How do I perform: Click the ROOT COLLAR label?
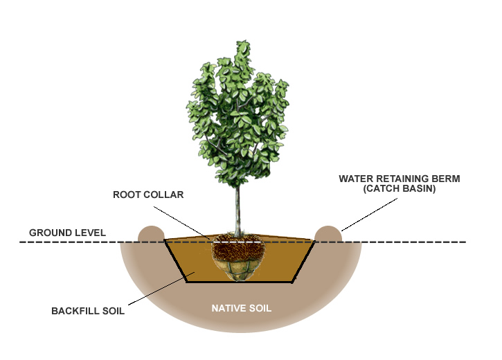[x=148, y=195]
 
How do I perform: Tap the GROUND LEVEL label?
[x=67, y=233]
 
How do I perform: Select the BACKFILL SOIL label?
[x=88, y=311]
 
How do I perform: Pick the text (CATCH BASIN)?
[x=400, y=188]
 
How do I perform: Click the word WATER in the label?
[x=355, y=179]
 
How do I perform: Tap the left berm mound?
[x=152, y=234]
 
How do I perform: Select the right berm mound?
[x=329, y=234]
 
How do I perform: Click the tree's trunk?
[x=237, y=208]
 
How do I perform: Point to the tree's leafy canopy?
[x=237, y=111]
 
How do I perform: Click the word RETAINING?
[x=400, y=179]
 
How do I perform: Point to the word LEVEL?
[x=90, y=233]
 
